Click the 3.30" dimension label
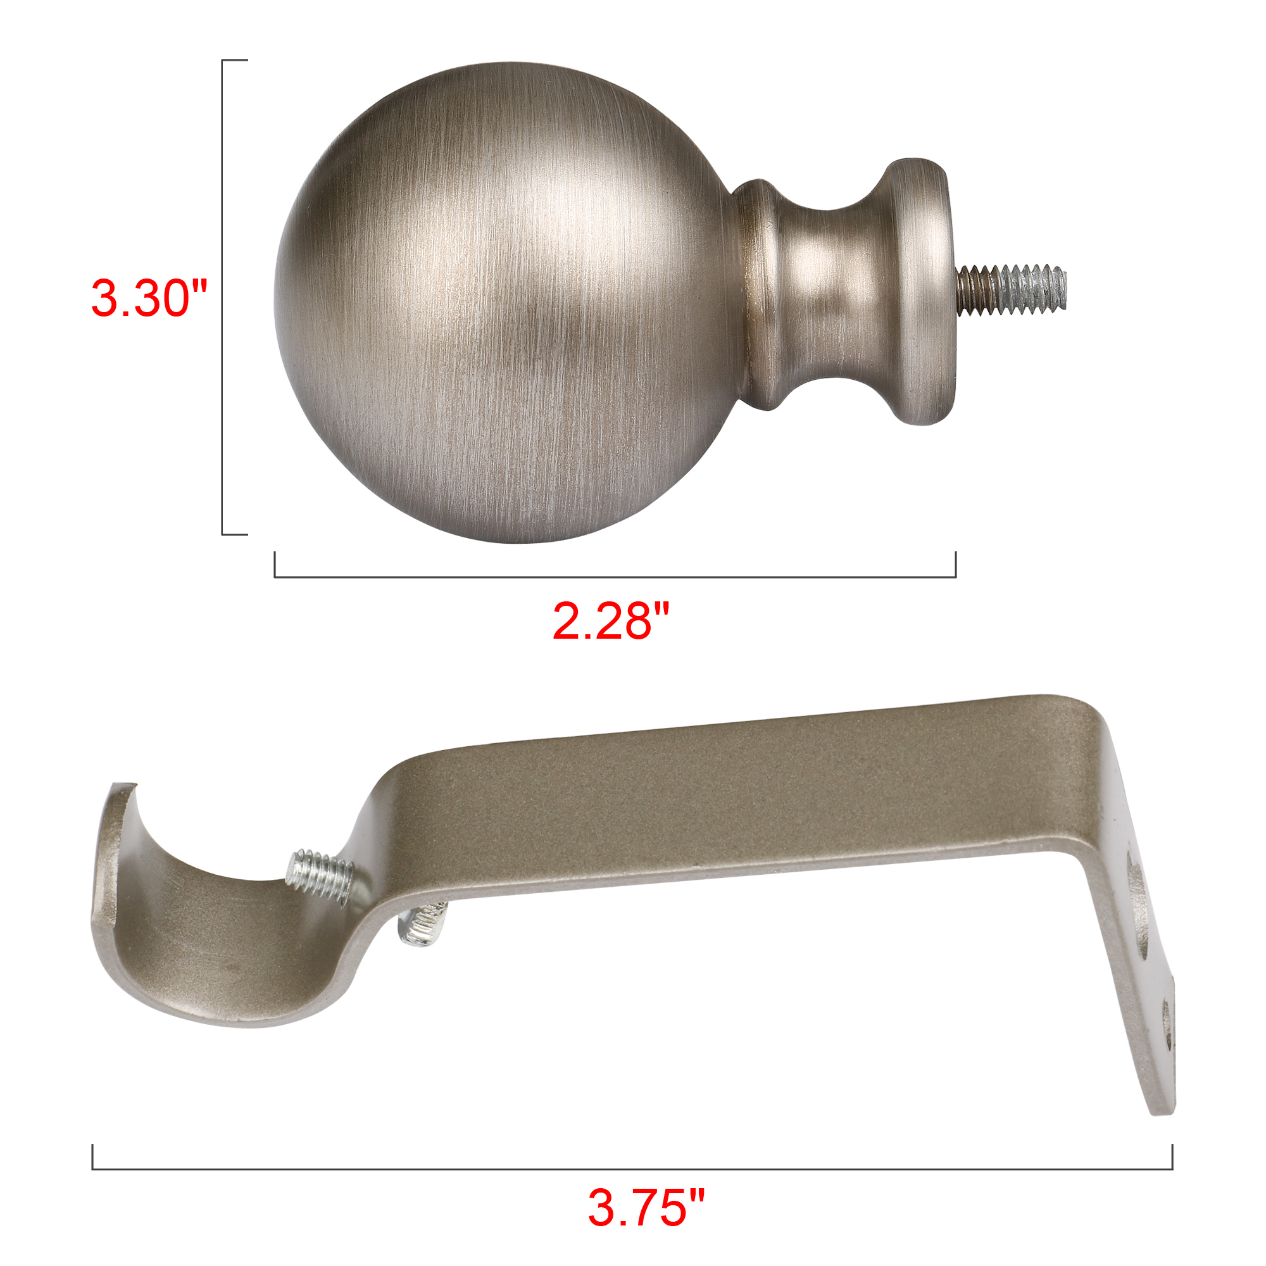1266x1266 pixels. [x=149, y=299]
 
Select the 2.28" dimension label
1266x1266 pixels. [x=611, y=620]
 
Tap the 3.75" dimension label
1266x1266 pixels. [x=646, y=1206]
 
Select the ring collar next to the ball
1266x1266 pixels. [x=760, y=295]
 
